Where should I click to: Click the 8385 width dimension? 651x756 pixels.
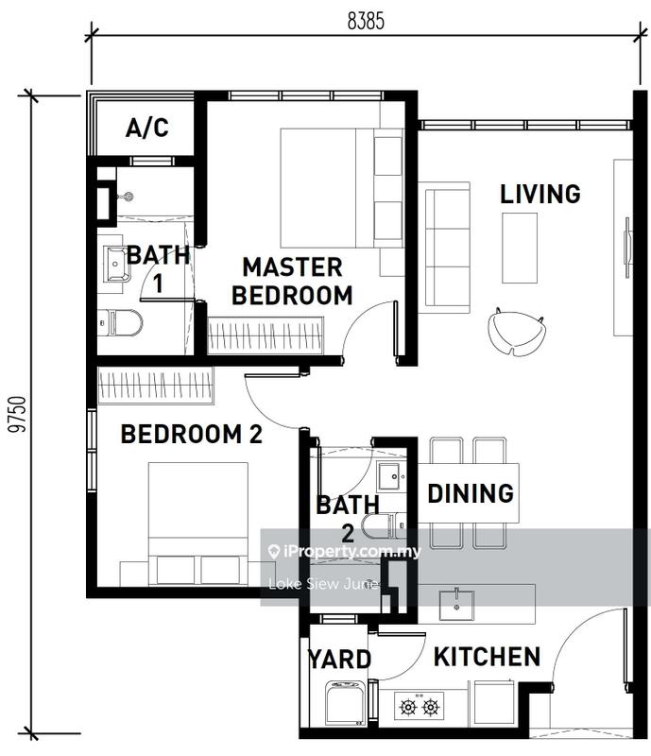pos(366,21)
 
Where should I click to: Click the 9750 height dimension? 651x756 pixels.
pos(18,414)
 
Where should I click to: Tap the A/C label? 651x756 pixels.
pos(147,128)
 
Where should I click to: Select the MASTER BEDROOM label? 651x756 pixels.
pos(292,281)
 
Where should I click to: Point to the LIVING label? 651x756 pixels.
pos(540,194)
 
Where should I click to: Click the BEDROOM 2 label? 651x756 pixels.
pos(192,434)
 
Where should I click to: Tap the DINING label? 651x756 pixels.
pos(471,493)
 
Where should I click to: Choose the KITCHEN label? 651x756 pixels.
pos(487,657)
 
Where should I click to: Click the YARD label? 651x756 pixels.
pos(339,660)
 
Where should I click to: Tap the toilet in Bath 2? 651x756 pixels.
pos(385,526)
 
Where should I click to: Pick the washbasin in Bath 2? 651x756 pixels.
pos(392,476)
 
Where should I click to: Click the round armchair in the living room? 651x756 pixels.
pos(517,332)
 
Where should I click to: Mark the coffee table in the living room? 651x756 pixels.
pos(520,248)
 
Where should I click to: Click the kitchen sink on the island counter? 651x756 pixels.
pos(456,605)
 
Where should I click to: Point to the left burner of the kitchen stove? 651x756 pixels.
pos(408,707)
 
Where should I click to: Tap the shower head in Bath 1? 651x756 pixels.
pos(127,197)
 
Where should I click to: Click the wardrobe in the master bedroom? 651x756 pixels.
pos(266,335)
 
